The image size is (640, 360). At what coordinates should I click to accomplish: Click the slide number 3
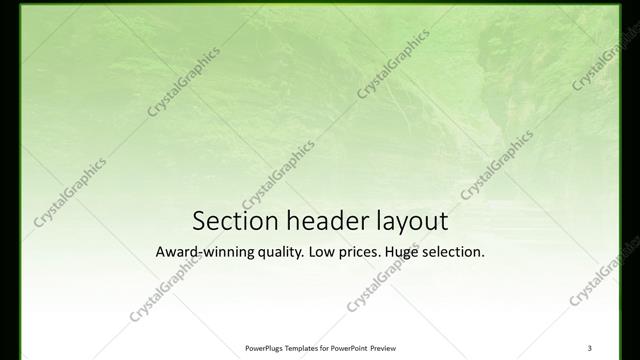(590, 348)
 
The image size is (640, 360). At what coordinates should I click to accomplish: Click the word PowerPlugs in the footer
(266, 348)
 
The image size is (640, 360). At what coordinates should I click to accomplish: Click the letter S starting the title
(198, 220)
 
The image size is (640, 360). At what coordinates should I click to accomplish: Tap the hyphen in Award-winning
(203, 254)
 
